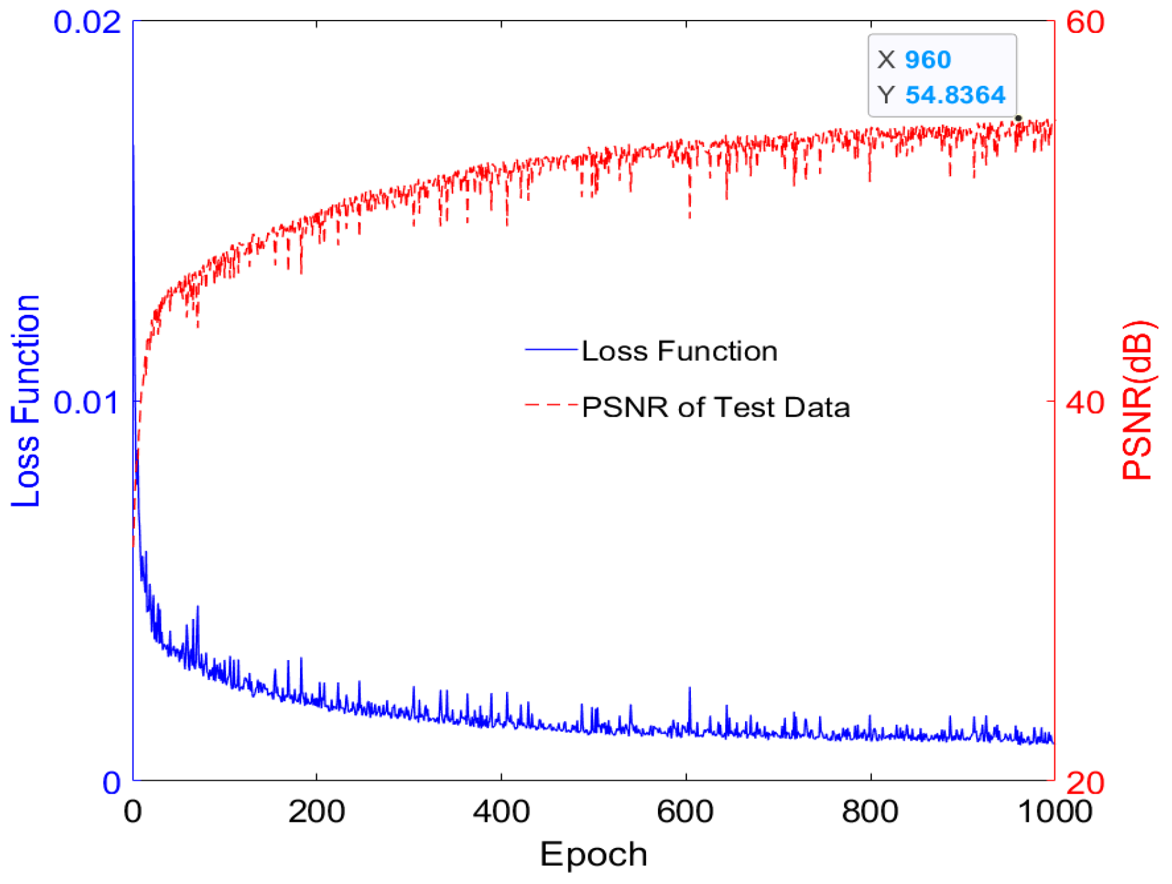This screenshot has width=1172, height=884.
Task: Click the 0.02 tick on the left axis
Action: click(87, 22)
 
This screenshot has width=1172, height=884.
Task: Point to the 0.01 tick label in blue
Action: click(87, 402)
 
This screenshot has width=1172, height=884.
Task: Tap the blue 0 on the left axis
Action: click(111, 783)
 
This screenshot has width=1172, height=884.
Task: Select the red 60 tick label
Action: click(1085, 22)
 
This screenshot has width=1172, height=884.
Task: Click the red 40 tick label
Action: click(1085, 402)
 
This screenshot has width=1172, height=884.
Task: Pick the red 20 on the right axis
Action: click(1085, 783)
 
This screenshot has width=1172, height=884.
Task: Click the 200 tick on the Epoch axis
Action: click(316, 812)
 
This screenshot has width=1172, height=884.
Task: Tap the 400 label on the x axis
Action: click(501, 812)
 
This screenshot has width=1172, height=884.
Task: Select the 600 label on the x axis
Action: click(685, 812)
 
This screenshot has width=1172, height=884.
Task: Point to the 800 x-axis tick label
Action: click(870, 812)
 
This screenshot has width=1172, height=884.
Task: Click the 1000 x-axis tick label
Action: click(1054, 812)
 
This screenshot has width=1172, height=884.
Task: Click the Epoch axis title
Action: click(593, 854)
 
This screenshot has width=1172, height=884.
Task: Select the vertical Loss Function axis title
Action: click(26, 401)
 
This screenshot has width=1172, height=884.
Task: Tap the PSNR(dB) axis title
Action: click(1137, 401)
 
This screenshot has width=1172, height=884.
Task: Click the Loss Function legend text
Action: click(679, 351)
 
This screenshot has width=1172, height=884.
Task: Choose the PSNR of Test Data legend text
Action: click(716, 407)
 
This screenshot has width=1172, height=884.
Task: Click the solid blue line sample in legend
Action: click(551, 350)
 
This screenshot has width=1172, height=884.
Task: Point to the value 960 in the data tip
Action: click(927, 60)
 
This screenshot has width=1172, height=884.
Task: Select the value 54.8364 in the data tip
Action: click(955, 95)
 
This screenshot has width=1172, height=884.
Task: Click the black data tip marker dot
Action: click(1018, 118)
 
